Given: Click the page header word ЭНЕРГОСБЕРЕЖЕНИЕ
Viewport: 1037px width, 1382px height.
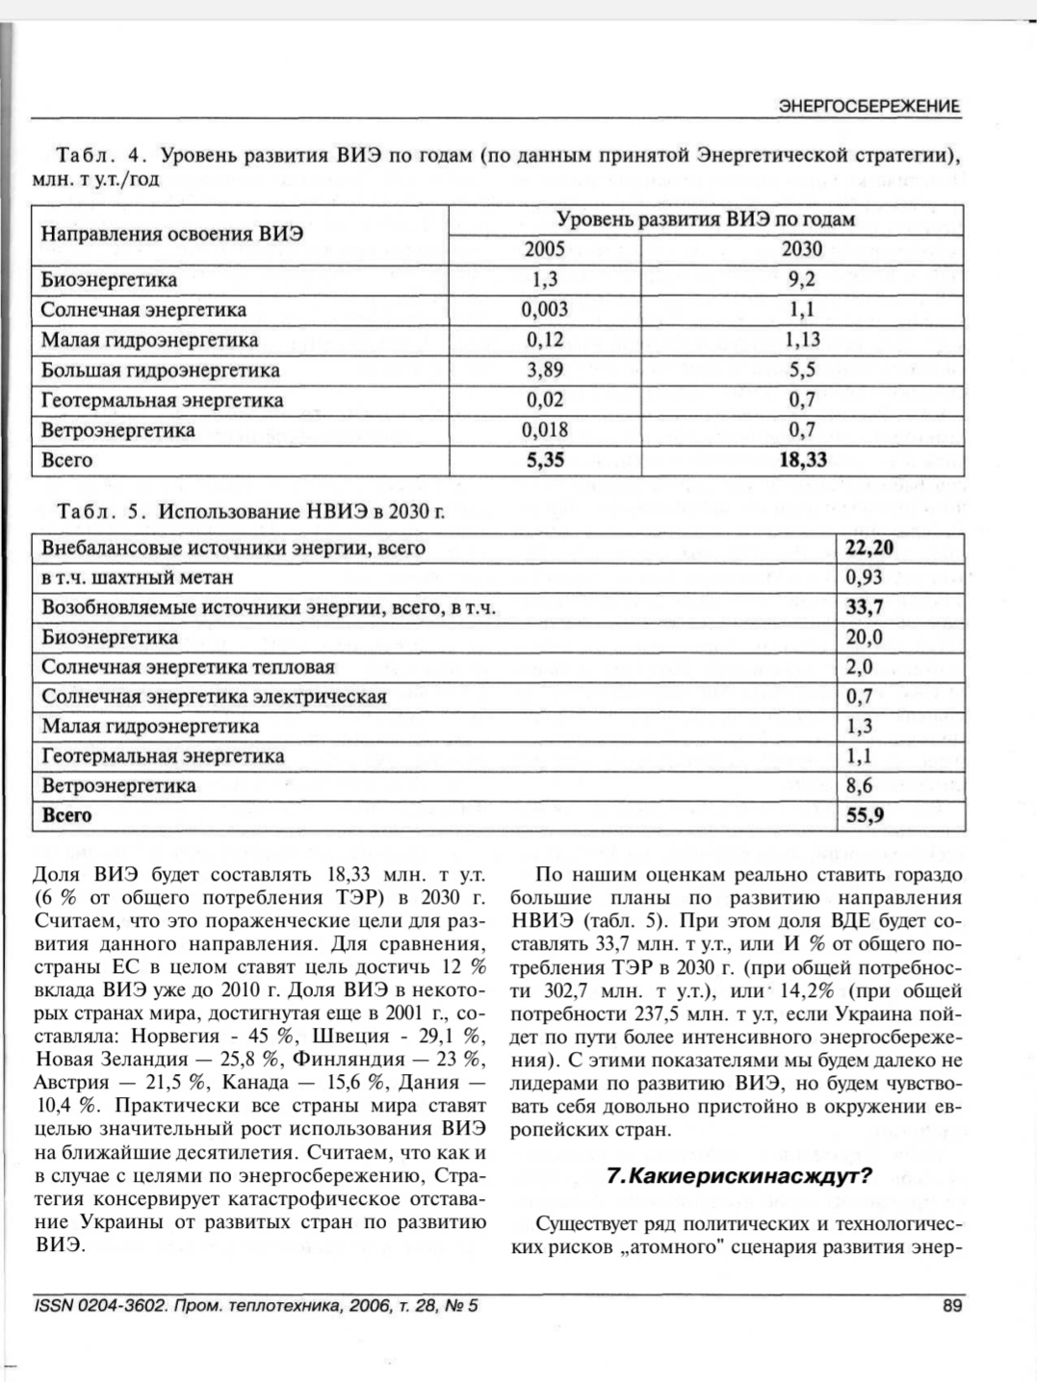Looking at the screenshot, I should (868, 107).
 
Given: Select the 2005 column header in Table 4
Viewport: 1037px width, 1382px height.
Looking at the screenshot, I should (544, 249).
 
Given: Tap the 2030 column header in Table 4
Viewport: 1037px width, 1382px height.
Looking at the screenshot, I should (801, 249).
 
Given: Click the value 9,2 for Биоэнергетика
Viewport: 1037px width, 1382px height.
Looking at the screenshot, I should (801, 280).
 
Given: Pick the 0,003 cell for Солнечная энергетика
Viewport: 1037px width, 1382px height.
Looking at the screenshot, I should (544, 310).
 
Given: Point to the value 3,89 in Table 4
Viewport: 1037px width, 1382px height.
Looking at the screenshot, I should (544, 370).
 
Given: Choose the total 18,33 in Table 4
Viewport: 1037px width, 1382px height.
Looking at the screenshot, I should (802, 460).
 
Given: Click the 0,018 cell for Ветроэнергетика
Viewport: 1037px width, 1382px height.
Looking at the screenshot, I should (544, 430).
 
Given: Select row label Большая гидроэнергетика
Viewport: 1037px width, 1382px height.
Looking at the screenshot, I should (160, 371).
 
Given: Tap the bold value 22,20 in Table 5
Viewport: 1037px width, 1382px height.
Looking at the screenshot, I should (869, 549).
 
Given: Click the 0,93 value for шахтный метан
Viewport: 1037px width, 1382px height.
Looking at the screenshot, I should (864, 577).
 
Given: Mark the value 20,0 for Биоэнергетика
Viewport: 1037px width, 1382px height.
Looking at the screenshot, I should (864, 637).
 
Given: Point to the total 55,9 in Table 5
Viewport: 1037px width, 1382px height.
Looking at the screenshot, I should (865, 816).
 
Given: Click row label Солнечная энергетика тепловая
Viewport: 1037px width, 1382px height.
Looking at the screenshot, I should (188, 667).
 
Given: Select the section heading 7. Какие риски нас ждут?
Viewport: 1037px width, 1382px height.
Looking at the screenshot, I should (739, 1176).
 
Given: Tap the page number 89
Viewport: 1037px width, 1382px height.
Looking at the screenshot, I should (951, 1306).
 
